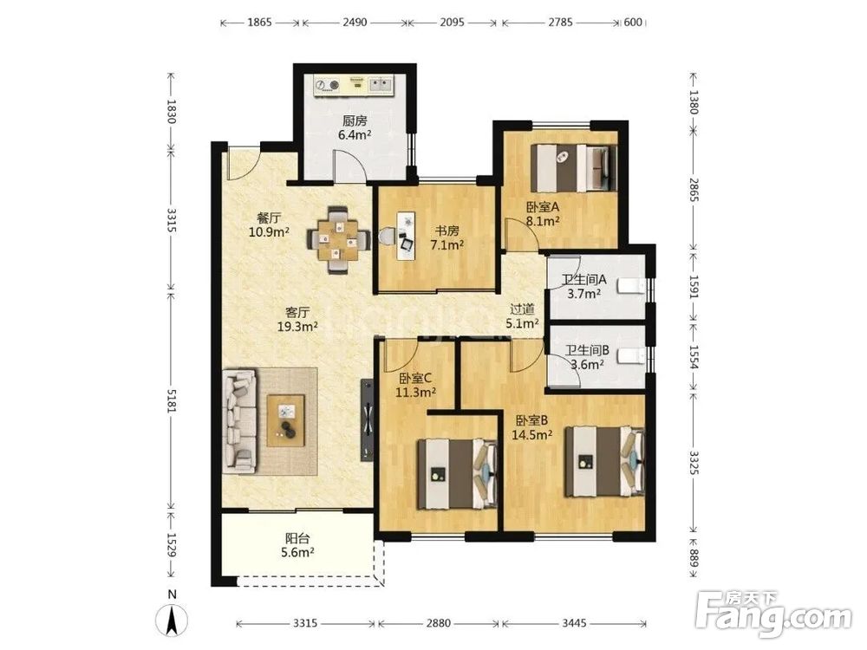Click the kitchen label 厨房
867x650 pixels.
coord(355,121)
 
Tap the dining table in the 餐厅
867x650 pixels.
coord(338,240)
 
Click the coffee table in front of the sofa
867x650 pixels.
coord(286,419)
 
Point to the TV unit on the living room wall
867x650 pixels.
coord(367,420)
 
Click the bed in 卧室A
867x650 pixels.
coord(574,168)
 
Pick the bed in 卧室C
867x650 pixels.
coord(457,474)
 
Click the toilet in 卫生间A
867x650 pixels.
coord(630,287)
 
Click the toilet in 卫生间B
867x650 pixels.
coord(630,356)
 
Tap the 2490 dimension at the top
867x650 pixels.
coord(355,23)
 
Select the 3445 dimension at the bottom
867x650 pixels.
coord(574,623)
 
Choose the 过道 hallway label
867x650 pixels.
coord(522,309)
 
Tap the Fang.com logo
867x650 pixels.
coord(773,614)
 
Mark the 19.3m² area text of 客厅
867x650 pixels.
coord(297,327)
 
